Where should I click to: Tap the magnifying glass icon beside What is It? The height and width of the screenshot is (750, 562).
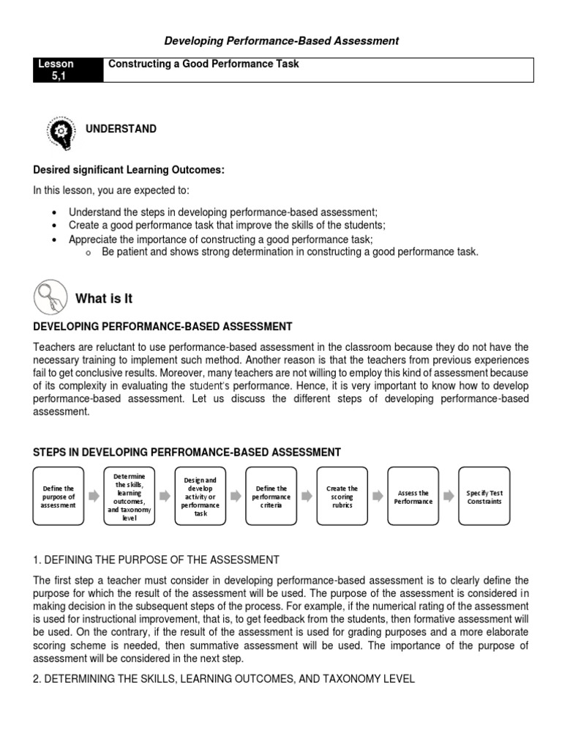(50, 298)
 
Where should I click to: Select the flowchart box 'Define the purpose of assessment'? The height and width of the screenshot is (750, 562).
(59, 497)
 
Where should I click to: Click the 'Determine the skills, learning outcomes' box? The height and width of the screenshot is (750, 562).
(130, 497)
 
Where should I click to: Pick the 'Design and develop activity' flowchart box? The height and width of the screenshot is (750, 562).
(201, 497)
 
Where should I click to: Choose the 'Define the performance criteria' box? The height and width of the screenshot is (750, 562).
(271, 497)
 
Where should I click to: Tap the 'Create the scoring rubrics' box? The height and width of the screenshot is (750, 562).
(342, 497)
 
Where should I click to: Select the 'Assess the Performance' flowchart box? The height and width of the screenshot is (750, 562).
(413, 497)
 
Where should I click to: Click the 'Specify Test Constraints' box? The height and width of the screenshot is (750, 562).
(484, 497)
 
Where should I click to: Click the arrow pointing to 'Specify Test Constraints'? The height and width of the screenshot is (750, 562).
(449, 497)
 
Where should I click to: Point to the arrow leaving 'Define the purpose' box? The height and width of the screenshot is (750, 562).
(94, 497)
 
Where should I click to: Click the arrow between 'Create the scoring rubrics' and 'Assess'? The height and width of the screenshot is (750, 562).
(378, 497)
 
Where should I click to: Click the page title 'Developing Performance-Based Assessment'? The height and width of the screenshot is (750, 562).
(282, 41)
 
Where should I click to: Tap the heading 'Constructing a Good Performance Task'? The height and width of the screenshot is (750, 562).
(203, 64)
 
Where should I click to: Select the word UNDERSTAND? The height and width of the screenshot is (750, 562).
(121, 129)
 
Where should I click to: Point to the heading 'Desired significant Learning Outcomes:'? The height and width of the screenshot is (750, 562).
(129, 170)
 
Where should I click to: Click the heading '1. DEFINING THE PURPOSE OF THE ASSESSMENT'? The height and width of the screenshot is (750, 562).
(156, 560)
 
